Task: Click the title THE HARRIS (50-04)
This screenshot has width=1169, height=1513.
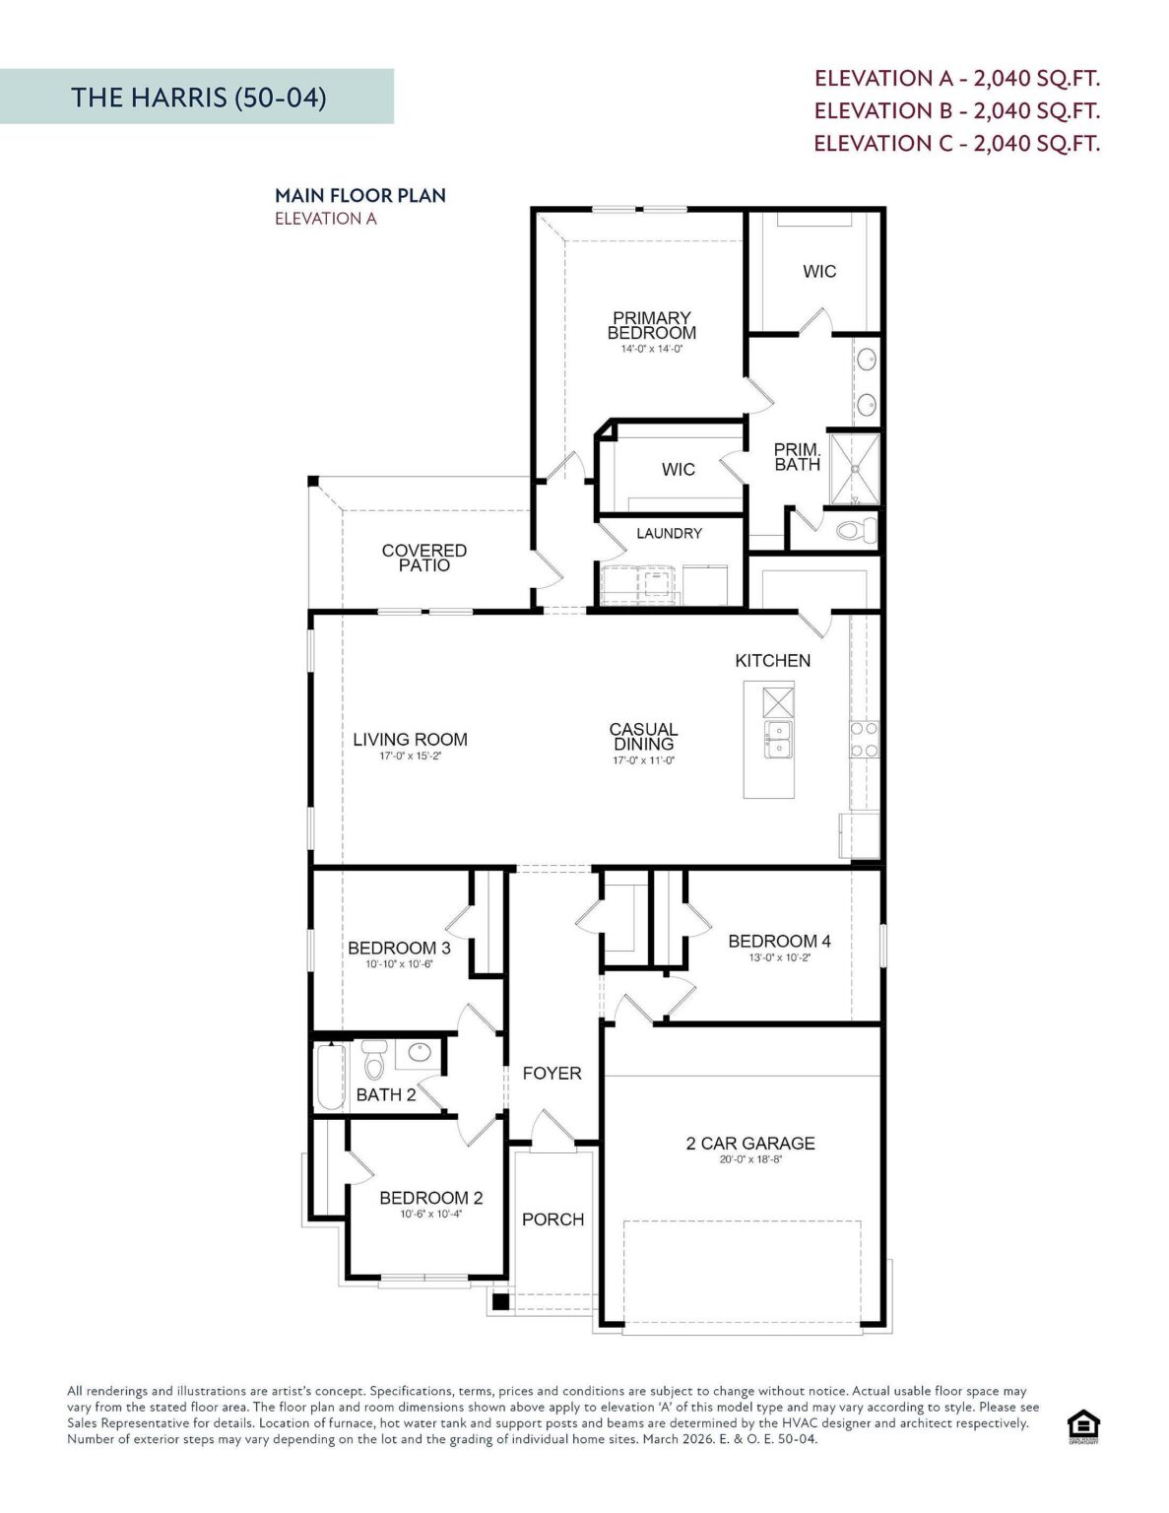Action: [x=198, y=97]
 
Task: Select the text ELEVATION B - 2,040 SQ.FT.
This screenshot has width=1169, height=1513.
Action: [x=956, y=110]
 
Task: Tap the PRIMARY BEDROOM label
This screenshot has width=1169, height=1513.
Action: [x=651, y=325]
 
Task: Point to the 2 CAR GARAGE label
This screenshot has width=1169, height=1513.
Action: [x=750, y=1143]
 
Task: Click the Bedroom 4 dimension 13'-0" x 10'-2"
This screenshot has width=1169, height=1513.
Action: [x=778, y=957]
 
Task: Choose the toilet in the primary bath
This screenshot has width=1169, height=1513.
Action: [x=853, y=531]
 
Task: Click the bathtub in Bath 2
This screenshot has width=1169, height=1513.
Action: [x=329, y=1078]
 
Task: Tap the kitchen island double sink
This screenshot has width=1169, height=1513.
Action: [x=778, y=738]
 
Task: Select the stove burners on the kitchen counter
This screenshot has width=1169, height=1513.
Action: [x=864, y=740]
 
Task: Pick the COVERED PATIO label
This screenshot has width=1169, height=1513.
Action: [x=423, y=558]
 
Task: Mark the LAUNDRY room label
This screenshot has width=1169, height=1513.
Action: [x=669, y=533]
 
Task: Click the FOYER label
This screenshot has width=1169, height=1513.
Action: [x=552, y=1073]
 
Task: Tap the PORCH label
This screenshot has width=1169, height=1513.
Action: [x=552, y=1218]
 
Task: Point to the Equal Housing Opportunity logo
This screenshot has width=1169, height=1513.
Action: [x=1083, y=1426]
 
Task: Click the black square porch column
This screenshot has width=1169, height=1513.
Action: [x=500, y=1302]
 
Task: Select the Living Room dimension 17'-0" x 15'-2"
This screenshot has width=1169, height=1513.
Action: [x=410, y=756]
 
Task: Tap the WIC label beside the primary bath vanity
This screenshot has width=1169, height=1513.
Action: [x=818, y=271]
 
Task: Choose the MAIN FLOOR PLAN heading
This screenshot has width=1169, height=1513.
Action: [x=360, y=195]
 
